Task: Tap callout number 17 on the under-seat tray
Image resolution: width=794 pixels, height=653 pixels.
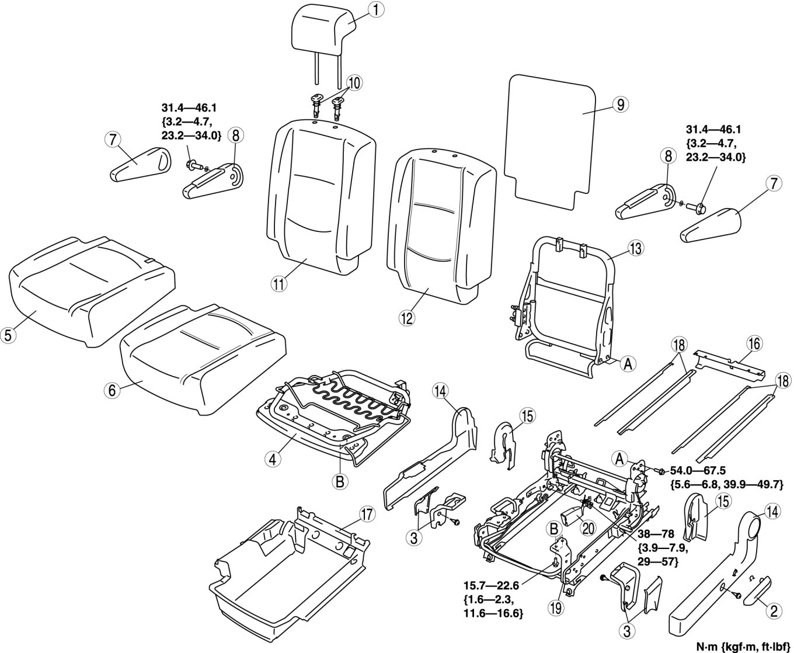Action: click(x=366, y=515)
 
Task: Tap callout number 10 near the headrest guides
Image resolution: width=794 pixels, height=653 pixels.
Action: click(x=354, y=81)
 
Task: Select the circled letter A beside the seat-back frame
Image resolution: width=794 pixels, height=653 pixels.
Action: click(x=627, y=364)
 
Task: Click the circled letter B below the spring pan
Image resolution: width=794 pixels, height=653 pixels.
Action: click(x=339, y=482)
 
